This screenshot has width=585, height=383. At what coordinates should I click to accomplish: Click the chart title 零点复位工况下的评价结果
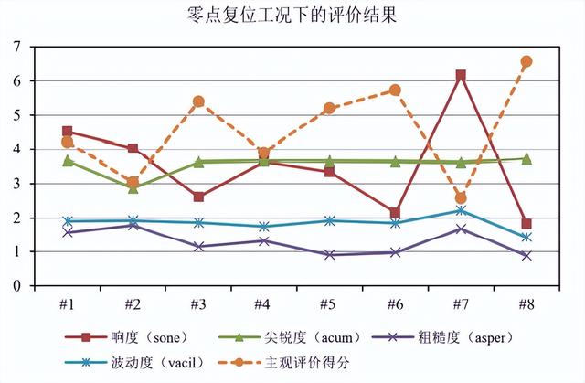[292, 16]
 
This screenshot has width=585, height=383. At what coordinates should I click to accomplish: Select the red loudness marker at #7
[461, 75]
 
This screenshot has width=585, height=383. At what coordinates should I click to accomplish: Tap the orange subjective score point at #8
[526, 61]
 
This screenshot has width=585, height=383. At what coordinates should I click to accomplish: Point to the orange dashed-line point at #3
[198, 101]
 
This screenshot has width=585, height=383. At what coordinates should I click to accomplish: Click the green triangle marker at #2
[133, 187]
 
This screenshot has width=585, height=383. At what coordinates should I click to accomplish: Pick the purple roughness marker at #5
[329, 255]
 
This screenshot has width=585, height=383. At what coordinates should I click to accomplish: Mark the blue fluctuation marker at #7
[461, 210]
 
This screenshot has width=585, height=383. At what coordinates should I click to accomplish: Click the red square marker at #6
[395, 213]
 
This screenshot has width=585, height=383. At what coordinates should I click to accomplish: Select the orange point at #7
[461, 197]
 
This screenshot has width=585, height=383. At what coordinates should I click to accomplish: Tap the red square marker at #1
[67, 132]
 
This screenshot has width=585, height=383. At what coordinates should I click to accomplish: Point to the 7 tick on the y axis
[17, 47]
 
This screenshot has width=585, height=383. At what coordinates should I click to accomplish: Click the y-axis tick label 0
[17, 286]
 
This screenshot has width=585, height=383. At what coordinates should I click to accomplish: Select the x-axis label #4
[263, 303]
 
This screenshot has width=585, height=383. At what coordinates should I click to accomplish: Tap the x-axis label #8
[526, 303]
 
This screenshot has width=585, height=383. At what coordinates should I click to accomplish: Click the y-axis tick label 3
[17, 184]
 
